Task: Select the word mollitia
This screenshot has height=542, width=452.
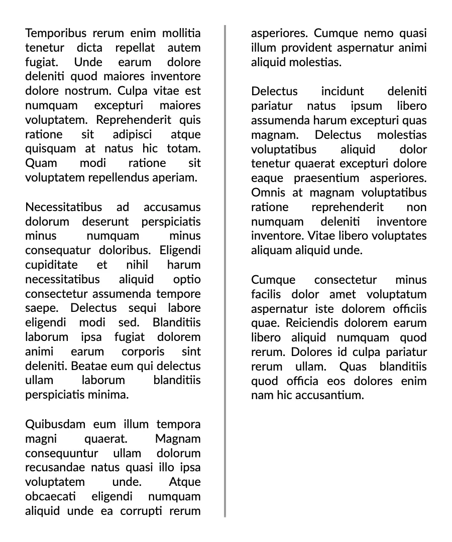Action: click(181, 34)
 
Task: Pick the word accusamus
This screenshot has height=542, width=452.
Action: click(172, 207)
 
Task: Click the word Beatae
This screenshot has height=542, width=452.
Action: click(85, 367)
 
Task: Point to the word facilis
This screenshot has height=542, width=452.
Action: click(267, 294)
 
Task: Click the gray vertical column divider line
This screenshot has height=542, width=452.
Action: click(225, 271)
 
